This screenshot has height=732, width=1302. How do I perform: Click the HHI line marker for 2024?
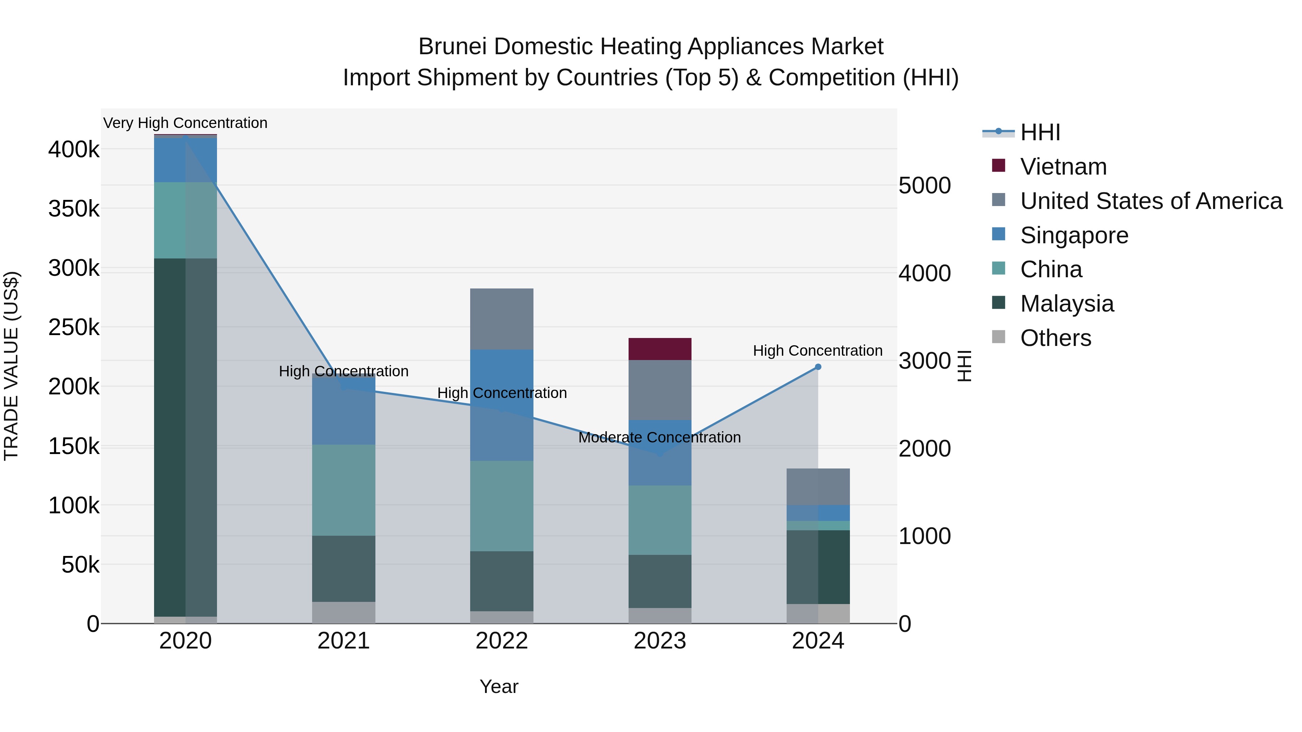click(818, 367)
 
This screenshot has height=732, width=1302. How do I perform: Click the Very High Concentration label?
click(185, 123)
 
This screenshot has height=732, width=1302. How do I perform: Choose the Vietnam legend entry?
click(1063, 167)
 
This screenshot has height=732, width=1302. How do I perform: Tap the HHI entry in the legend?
click(1040, 132)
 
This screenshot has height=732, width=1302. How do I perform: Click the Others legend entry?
click(1055, 338)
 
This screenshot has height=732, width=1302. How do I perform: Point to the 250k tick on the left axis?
click(74, 328)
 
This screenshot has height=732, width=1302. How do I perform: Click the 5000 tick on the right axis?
click(924, 185)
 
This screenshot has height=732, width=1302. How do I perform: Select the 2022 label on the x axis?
click(501, 641)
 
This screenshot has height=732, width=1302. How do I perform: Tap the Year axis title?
click(498, 686)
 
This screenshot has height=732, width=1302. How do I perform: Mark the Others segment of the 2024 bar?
click(818, 613)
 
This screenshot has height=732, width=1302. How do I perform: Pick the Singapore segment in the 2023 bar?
click(660, 453)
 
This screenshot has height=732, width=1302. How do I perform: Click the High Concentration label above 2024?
click(817, 351)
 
